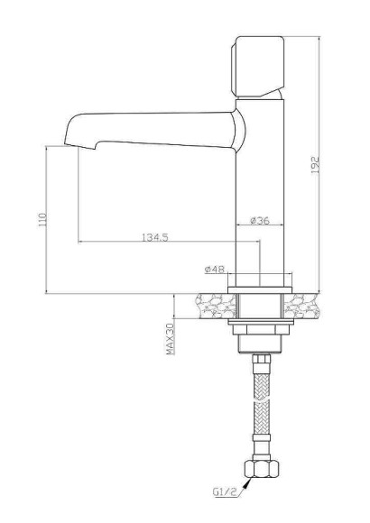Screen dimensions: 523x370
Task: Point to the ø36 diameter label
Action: (260, 220)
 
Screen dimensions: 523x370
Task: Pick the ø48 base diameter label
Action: (214, 269)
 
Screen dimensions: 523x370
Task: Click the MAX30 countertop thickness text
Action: (170, 338)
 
